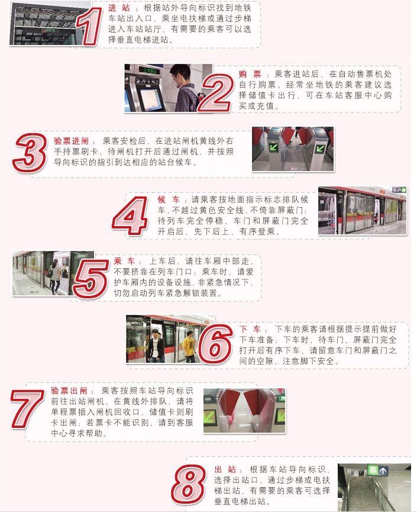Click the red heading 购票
250,74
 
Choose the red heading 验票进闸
75,141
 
